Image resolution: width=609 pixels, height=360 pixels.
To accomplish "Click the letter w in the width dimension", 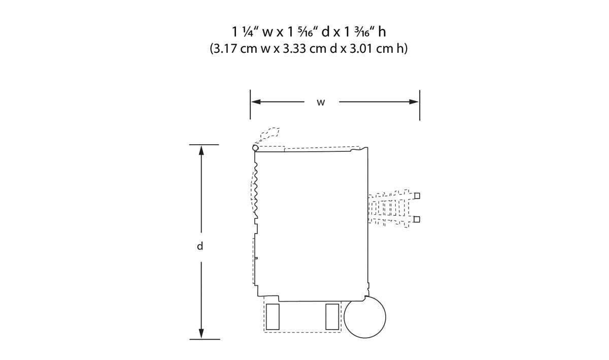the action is (x=321, y=103).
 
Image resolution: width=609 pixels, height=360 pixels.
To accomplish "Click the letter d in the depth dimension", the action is (x=200, y=246).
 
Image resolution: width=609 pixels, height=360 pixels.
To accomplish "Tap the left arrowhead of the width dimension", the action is (x=256, y=102).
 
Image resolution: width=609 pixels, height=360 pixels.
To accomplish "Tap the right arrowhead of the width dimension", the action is (x=414, y=102).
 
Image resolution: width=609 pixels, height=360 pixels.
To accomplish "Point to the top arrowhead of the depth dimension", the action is (x=201, y=150).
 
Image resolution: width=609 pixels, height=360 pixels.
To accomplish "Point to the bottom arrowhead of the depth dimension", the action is (x=201, y=334).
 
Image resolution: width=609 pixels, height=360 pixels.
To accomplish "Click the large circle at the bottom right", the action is (x=365, y=317).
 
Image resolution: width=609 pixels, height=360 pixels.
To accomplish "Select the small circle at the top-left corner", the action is (x=255, y=148).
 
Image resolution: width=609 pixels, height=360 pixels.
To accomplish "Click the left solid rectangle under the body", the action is (x=273, y=317).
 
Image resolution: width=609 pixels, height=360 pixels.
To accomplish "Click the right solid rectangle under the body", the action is (x=332, y=317).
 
